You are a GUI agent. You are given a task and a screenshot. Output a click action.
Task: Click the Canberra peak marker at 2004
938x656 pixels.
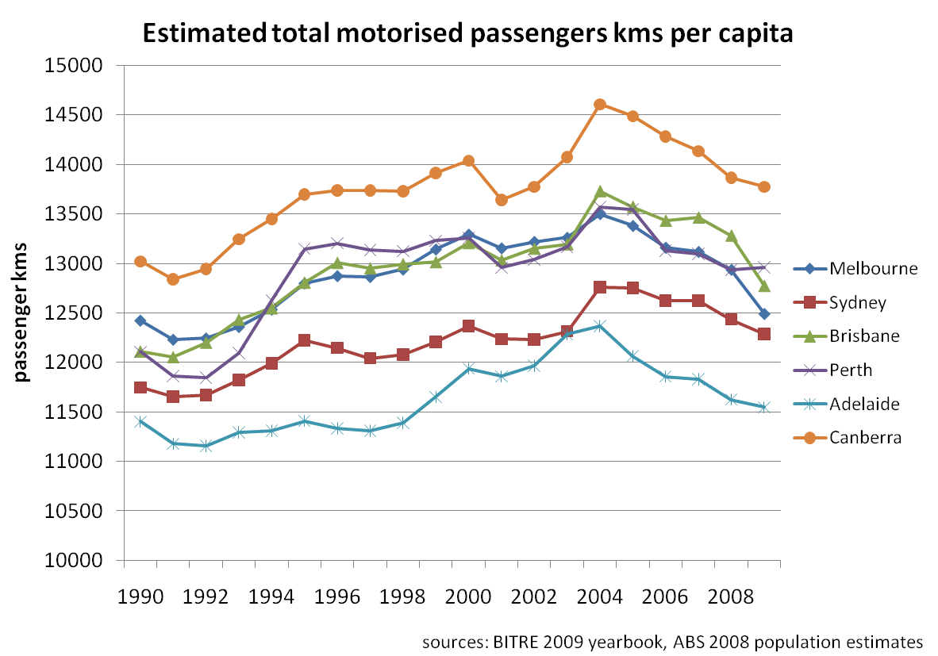(600, 105)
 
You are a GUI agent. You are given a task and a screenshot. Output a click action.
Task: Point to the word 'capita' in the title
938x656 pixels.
(754, 34)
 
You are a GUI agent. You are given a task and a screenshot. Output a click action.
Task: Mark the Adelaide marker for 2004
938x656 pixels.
(600, 325)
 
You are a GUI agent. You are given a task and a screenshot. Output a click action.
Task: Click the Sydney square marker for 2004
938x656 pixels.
(600, 287)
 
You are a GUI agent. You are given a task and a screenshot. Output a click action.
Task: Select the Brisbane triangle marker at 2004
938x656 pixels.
(600, 192)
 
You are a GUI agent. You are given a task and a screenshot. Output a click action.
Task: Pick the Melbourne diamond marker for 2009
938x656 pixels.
(764, 314)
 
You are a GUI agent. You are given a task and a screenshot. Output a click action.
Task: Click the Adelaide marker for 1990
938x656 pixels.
(140, 421)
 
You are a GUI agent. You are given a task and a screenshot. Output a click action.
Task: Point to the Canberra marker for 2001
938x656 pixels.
(501, 200)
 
